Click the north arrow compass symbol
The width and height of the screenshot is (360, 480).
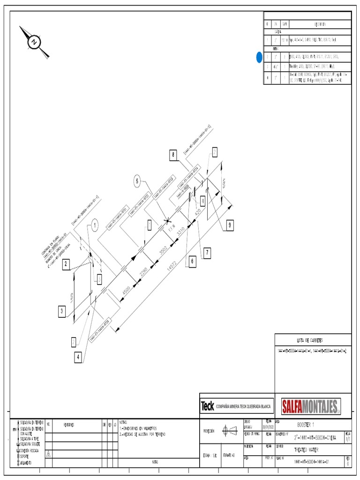[34, 42]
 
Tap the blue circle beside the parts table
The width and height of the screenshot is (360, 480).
[259, 57]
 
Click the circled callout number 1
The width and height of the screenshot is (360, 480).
[94, 226]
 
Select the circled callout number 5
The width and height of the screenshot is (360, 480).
[137, 181]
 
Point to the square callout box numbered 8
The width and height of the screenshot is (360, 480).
[173, 154]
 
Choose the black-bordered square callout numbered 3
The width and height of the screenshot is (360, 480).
[62, 311]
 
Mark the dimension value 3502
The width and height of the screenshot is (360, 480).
[164, 252]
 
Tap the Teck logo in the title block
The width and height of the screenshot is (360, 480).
[207, 405]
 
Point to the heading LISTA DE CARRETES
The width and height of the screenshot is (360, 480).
[310, 340]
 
